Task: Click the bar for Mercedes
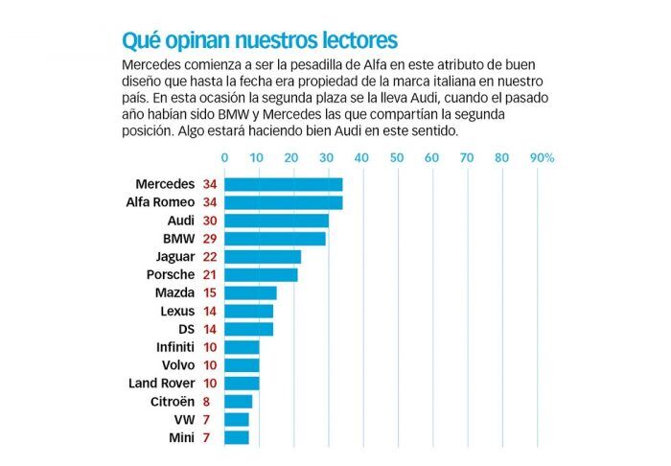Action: pos(284,184)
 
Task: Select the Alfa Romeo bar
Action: pos(284,202)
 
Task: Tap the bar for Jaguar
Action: pos(263,257)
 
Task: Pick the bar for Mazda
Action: pos(250,292)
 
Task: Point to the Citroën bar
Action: pos(239,401)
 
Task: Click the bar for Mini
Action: pos(237,437)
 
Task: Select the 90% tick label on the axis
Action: pos(542,157)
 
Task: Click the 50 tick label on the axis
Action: pos(397,157)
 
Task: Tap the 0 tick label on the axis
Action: pos(224,157)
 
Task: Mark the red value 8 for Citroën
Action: pos(206,401)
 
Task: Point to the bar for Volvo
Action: pos(242,364)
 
